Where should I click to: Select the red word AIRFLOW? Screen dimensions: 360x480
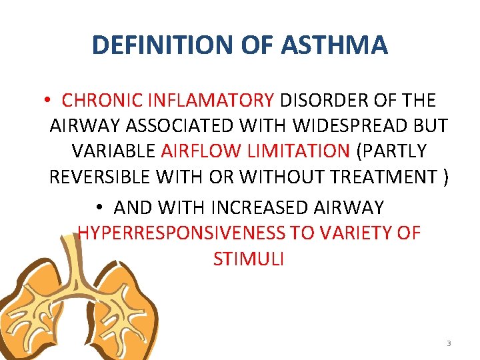click(194, 151)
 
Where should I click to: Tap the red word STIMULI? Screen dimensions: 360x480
click(249, 259)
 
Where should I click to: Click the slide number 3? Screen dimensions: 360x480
click(449, 343)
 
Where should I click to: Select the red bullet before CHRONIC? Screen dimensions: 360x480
click(49, 101)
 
